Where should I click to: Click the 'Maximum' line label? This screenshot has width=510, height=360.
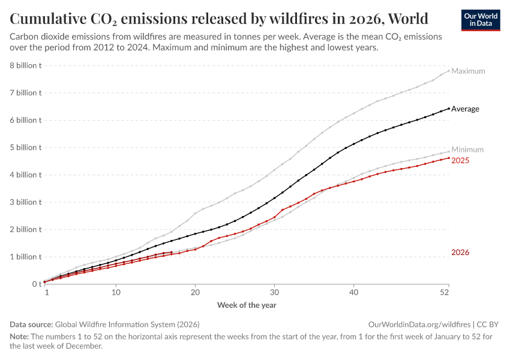468,71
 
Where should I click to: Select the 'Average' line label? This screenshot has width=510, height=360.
465,109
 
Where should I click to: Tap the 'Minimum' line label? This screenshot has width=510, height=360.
467,149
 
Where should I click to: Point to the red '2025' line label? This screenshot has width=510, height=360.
460,161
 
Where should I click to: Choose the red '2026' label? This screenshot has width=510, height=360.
460,253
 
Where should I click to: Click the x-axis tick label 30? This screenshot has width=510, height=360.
274,293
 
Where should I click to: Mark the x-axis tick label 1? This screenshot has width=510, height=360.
46,293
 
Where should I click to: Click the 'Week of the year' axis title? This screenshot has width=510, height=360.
247,305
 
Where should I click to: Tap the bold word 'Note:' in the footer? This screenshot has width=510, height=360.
20,337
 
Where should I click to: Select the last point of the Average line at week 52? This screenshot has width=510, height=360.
449,109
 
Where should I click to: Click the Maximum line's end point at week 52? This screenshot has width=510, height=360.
449,70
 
